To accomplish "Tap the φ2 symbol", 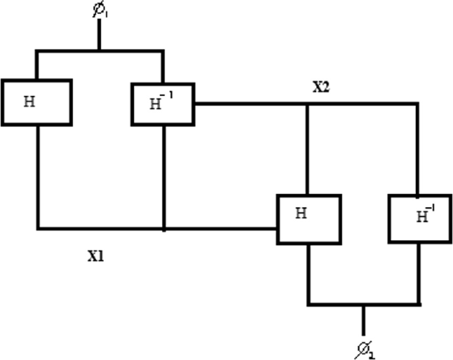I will tap(364, 347).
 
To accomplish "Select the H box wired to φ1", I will tap(36, 102).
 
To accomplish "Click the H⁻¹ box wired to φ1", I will tap(163, 103).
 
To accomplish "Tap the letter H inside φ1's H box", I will tap(28, 102).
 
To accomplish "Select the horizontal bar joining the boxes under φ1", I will tap(99, 50).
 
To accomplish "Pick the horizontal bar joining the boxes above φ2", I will tap(363, 305).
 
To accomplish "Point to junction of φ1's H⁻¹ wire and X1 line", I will tap(163, 229).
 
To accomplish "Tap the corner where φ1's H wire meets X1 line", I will tap(38, 229).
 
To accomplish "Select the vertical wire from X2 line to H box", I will tap(308, 149).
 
